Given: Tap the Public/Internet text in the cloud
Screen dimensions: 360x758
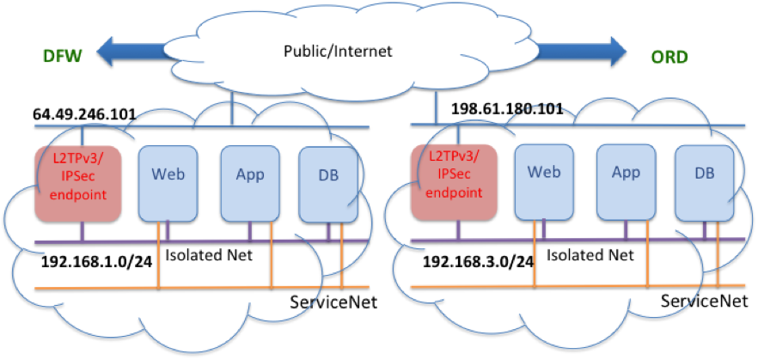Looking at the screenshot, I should coord(338,52).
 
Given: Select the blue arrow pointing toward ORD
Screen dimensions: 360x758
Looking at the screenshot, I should coord(585,51).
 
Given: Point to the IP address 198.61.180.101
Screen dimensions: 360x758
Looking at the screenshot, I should coord(494,109).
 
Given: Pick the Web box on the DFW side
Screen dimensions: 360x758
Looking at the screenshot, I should coord(169,175).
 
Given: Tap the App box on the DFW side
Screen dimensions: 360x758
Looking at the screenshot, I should coord(249,175).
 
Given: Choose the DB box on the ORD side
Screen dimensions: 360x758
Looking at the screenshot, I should coord(705,174).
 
